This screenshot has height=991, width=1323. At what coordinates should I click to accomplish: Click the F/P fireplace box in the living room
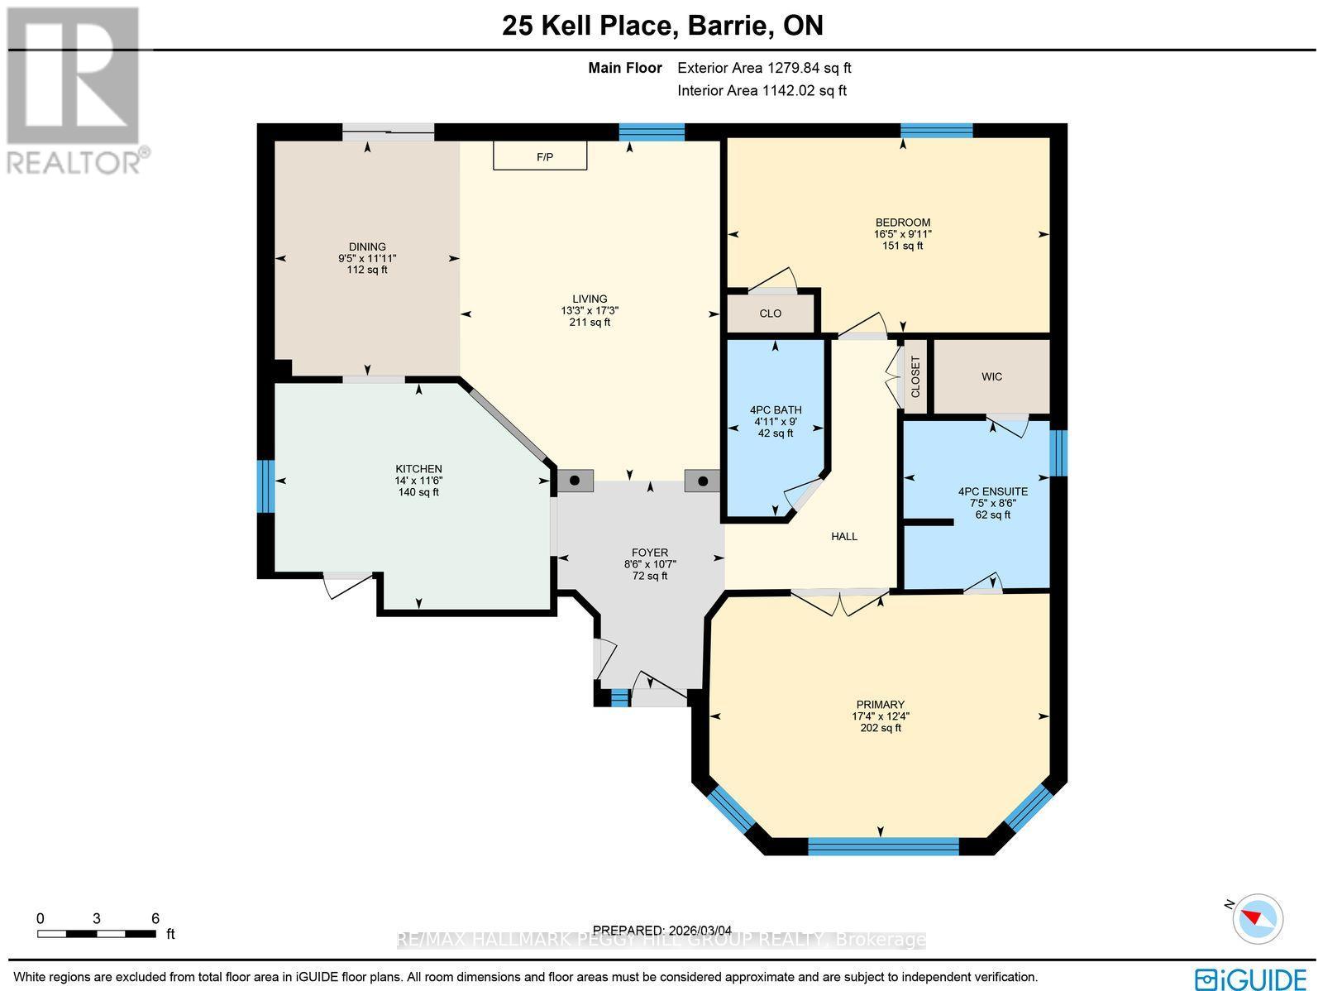540,156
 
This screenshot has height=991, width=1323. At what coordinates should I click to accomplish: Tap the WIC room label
991,376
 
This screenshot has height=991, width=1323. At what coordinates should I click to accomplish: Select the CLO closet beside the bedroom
770,314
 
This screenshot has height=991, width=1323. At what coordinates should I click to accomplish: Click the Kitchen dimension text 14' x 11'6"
418,481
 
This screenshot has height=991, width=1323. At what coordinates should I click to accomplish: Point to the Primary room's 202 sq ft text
881,728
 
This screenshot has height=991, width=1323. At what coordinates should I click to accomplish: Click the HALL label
844,536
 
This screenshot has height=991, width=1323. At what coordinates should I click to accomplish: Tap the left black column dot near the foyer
575,481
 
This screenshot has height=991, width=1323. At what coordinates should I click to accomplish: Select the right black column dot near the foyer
703,481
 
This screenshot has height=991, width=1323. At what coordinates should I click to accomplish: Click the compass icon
1257,918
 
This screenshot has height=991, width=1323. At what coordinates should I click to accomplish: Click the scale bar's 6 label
155,918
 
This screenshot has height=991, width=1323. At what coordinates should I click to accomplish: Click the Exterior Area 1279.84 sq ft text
764,69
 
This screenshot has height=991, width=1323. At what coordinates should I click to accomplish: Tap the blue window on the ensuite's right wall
1059,452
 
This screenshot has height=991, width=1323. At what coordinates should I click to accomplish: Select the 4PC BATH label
776,409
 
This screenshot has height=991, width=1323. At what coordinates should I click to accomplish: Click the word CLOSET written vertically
915,377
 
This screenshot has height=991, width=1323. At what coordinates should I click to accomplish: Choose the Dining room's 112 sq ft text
367,270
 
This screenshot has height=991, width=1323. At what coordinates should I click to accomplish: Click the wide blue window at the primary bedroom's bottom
883,845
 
